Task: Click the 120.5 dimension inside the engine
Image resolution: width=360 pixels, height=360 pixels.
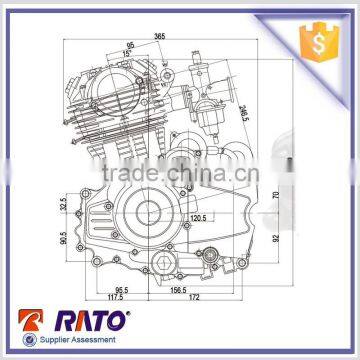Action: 197,215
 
